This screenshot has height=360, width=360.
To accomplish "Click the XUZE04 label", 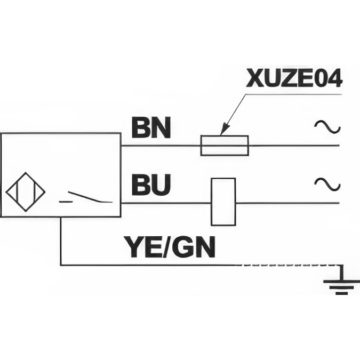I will point(294,78).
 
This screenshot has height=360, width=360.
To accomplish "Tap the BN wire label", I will point(151,128).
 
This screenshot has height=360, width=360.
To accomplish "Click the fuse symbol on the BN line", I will point(225,145).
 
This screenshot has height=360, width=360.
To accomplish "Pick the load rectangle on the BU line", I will point(223,202).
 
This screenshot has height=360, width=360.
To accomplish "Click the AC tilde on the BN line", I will point(327,126).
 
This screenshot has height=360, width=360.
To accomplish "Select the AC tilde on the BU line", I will point(327,184).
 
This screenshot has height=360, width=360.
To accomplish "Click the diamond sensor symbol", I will point(25,192).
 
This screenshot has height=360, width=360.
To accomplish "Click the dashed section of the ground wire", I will point(288,265).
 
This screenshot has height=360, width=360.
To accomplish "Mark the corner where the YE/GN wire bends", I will point(61,265).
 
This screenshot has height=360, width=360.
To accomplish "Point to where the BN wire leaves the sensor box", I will point(121,145).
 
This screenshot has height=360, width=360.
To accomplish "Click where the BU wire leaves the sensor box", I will point(121,203).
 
